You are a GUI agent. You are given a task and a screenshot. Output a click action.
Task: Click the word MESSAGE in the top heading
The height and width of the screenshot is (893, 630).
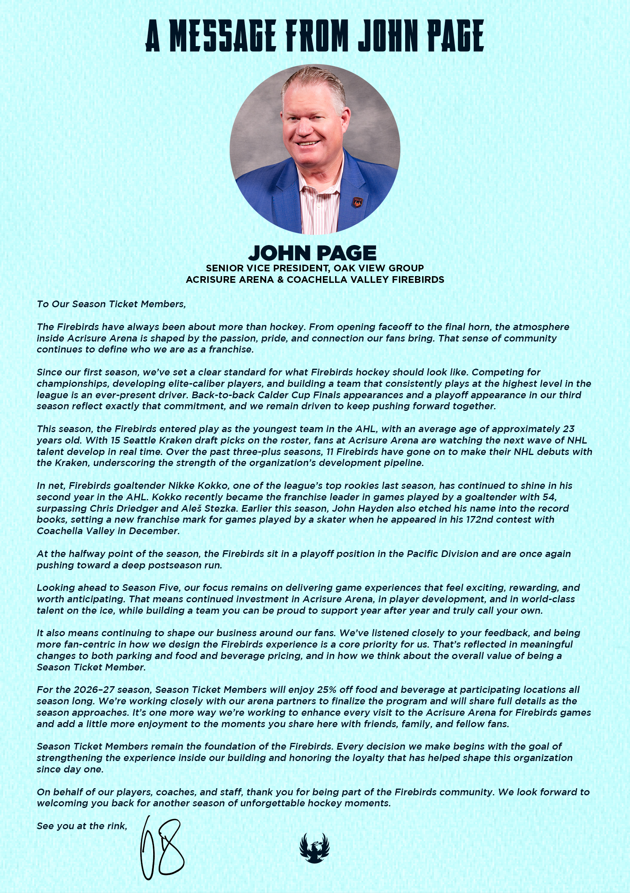pos(222,36)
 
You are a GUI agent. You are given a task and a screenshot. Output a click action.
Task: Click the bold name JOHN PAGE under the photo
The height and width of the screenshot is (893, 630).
pos(312,253)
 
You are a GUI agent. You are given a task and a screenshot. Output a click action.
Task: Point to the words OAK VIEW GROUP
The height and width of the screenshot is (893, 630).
pos(379,268)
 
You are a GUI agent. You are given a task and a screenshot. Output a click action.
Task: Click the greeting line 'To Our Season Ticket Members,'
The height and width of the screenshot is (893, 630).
pos(111,304)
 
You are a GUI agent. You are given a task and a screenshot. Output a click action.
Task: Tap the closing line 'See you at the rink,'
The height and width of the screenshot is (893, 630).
pos(82,826)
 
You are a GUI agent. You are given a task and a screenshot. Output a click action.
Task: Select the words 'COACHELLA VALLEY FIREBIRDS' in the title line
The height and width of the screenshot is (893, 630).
pos(365,280)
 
